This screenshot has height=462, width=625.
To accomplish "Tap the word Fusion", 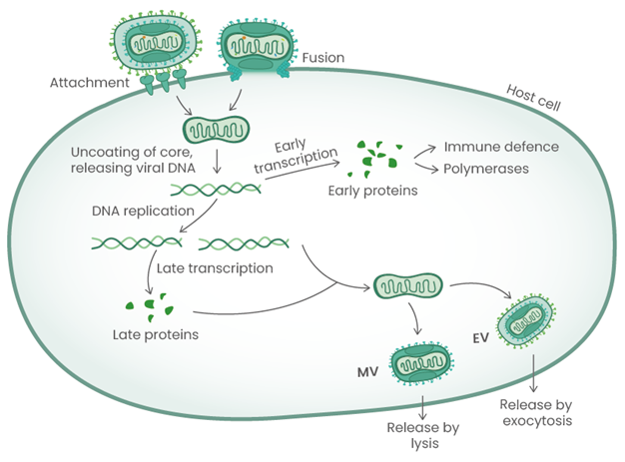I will pyautogui.click(x=321, y=59).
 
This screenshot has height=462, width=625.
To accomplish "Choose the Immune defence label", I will pyautogui.click(x=500, y=147).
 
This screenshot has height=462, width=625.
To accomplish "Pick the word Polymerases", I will pyautogui.click(x=489, y=170).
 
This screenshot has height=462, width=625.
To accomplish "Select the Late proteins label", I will pyautogui.click(x=155, y=333).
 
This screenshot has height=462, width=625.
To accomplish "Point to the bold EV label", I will pyautogui.click(x=482, y=339).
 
